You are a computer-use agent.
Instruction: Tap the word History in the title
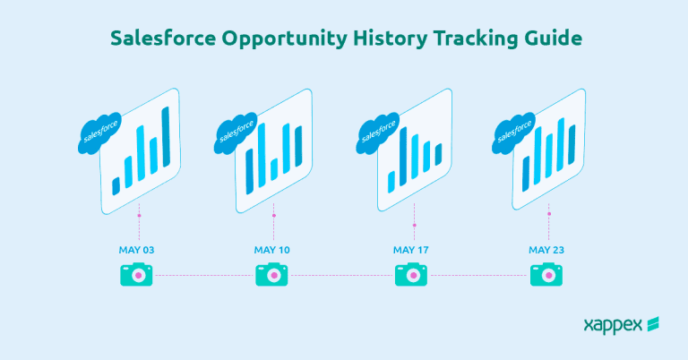[x=391, y=39]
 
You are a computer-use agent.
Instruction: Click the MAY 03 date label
[x=137, y=249]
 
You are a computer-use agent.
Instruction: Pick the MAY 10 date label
[x=271, y=249]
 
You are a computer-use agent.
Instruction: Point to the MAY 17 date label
[x=411, y=249]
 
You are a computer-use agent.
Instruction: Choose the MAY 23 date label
[x=546, y=249]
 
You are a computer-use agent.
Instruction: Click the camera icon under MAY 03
[x=137, y=276]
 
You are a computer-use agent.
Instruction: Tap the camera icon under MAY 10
[x=271, y=276]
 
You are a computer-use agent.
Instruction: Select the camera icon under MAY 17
[x=411, y=276]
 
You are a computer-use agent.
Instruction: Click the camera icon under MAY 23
[x=546, y=276]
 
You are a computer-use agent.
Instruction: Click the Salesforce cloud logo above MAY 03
[x=98, y=136]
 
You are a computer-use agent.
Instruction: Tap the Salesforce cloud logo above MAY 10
[x=236, y=136]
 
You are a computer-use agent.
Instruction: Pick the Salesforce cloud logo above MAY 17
[x=375, y=136]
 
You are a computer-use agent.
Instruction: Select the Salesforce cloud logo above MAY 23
[x=512, y=136]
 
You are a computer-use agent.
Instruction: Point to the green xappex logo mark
[x=653, y=323]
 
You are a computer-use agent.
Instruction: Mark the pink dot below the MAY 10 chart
[x=274, y=215]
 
